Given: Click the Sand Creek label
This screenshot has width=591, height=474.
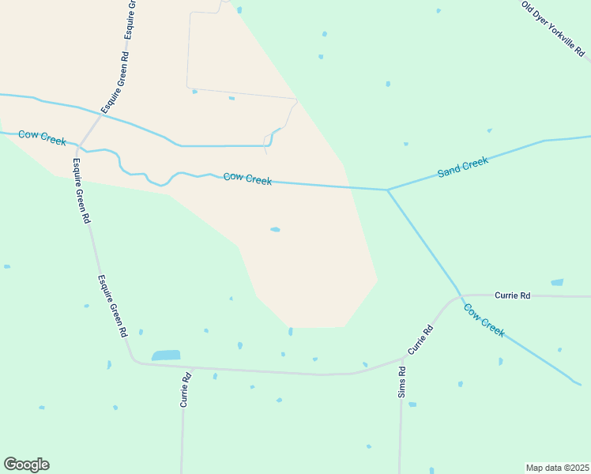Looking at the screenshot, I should [x=463, y=167].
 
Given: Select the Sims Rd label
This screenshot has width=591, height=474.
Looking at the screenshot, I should [x=402, y=382].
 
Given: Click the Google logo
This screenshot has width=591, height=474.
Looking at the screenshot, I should [x=26, y=465].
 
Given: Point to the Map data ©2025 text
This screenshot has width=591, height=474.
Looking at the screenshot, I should [x=557, y=468].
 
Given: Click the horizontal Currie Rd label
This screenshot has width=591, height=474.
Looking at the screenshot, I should [x=512, y=295].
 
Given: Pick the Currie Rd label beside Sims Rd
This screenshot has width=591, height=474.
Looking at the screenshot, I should [x=420, y=339].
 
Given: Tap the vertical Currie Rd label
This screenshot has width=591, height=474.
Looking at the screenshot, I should [x=186, y=389].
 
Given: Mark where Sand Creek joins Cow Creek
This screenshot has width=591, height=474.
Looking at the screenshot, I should [x=387, y=190].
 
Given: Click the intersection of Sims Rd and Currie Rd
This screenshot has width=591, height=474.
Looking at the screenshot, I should [x=403, y=358].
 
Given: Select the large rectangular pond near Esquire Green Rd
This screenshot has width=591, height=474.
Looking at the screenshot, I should [x=166, y=355].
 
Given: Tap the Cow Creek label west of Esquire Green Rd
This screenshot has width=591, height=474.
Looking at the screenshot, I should [x=42, y=138].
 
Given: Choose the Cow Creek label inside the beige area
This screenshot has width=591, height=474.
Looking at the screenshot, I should [x=247, y=179].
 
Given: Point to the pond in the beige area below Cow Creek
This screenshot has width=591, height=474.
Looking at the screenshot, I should [x=275, y=230].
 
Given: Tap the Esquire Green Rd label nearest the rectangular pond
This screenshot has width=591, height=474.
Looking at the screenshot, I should [x=112, y=307].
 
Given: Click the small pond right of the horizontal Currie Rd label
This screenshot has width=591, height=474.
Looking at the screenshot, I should [x=557, y=282].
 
